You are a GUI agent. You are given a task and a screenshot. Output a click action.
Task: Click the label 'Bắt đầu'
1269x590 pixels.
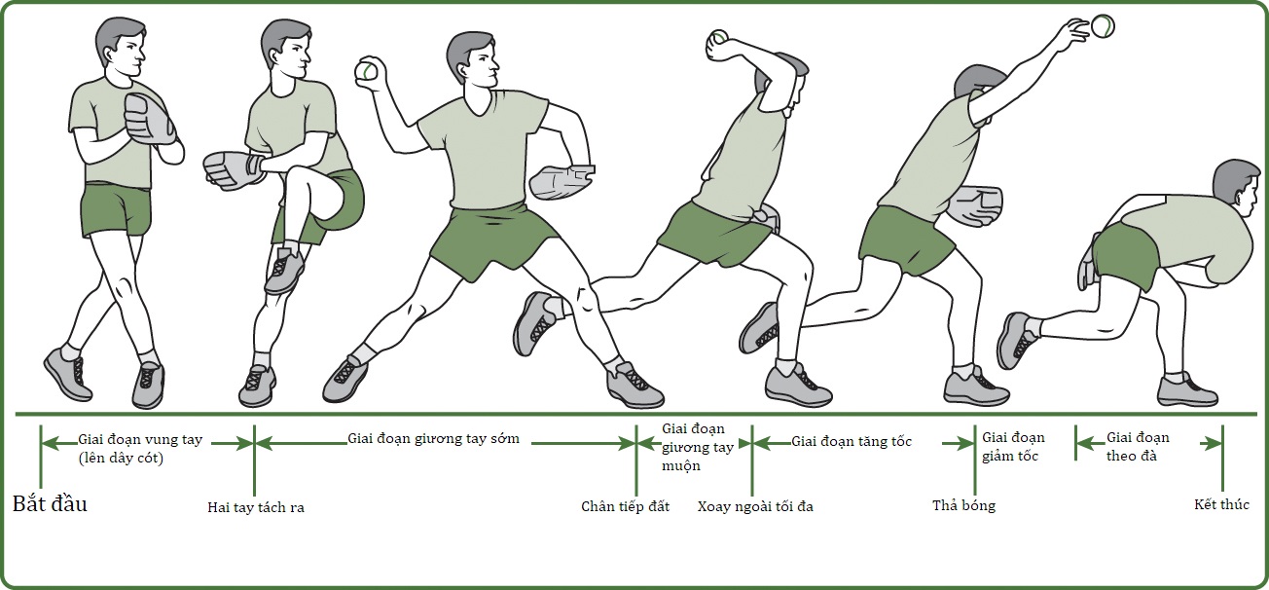pyautogui.click(x=50, y=504)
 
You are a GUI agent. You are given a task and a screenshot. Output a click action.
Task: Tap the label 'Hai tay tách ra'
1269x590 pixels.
pyautogui.click(x=256, y=507)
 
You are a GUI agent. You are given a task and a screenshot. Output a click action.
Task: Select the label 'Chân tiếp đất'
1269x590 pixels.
pyautogui.click(x=625, y=506)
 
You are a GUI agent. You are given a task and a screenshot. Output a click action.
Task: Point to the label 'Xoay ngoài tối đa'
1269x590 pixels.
pyautogui.click(x=755, y=506)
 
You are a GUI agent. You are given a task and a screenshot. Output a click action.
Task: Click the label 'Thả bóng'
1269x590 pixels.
pyautogui.click(x=963, y=505)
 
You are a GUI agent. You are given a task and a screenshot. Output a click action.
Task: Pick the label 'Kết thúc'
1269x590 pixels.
pyautogui.click(x=1221, y=504)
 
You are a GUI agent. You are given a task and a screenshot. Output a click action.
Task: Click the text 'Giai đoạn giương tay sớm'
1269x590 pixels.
pyautogui.click(x=433, y=439)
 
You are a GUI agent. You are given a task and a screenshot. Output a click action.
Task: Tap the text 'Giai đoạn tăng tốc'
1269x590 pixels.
pyautogui.click(x=852, y=441)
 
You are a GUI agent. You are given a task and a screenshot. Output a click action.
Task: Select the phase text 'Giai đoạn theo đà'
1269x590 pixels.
pyautogui.click(x=1138, y=447)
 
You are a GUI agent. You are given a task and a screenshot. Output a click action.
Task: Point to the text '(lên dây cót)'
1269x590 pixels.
pyautogui.click(x=121, y=458)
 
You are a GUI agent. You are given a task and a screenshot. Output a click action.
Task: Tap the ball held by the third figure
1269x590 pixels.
pyautogui.click(x=366, y=71)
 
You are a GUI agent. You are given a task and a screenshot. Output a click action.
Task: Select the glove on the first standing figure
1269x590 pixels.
pyautogui.click(x=150, y=124)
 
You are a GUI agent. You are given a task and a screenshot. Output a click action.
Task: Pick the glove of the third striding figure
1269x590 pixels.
pyautogui.click(x=561, y=182)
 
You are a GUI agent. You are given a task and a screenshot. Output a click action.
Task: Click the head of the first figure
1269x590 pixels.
pyautogui.click(x=121, y=47)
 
